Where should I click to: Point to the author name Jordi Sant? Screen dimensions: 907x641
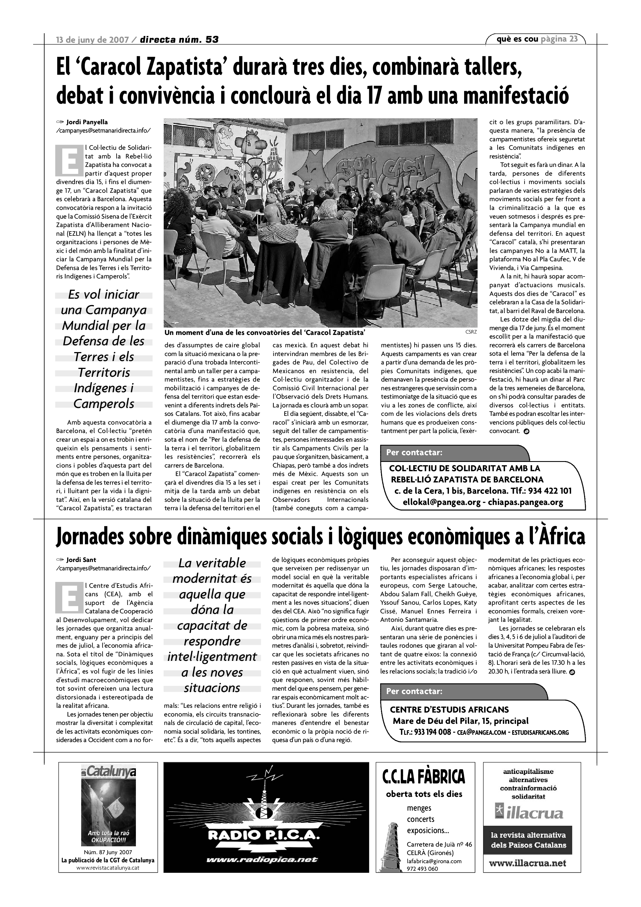click(81, 560)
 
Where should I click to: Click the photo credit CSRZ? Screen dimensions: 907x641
click(471, 332)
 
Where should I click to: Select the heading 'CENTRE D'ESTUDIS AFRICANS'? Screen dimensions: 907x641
click(449, 709)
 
